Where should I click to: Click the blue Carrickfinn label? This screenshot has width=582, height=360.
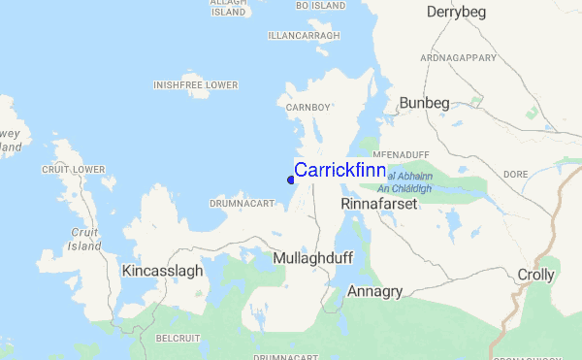coord(339,170)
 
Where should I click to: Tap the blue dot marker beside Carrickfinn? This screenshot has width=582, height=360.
coord(291,179)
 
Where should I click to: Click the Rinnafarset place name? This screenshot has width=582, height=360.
coord(378,206)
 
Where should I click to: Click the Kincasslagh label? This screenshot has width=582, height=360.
coord(163,271)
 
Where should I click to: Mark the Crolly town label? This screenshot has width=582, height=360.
coord(536,275)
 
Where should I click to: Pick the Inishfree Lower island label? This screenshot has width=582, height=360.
coord(195,85)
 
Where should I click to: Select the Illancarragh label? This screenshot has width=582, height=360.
coord(305,36)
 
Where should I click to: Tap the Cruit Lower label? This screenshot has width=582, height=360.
coord(73,170)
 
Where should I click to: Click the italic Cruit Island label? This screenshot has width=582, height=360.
coord(85,239)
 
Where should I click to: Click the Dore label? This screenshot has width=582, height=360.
coord(515,175)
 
